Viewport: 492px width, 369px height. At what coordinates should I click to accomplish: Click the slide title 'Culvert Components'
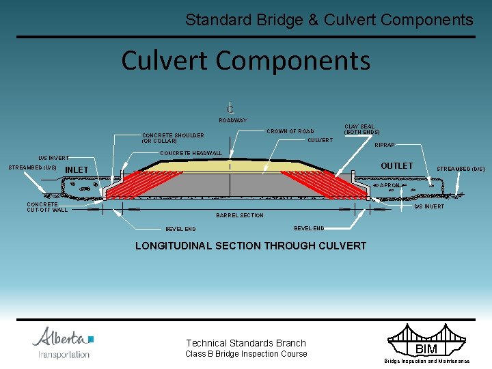[245, 60]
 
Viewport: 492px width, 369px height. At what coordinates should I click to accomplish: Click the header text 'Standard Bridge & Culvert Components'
[329, 20]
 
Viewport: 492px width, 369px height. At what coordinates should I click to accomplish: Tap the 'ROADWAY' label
[232, 120]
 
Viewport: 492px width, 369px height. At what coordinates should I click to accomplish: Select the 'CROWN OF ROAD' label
[290, 131]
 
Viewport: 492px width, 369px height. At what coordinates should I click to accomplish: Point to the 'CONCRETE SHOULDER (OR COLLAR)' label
[173, 138]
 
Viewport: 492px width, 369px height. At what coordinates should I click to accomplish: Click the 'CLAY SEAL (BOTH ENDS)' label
[361, 129]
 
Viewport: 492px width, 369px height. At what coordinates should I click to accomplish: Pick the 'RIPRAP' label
[384, 145]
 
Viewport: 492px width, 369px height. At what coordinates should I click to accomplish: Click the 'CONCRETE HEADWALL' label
[191, 153]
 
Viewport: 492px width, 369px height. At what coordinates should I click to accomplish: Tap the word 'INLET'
[77, 170]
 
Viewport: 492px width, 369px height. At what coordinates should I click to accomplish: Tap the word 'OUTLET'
[396, 166]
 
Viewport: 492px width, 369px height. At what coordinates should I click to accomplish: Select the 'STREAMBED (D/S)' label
[461, 169]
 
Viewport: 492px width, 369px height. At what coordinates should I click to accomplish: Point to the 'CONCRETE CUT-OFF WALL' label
[47, 207]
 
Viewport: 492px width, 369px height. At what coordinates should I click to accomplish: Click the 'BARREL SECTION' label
[239, 215]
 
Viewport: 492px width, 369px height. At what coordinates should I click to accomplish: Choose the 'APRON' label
[389, 185]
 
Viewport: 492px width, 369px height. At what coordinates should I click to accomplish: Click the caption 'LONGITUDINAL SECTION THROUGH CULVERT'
[251, 245]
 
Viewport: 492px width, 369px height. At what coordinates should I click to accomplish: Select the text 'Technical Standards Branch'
[246, 343]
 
